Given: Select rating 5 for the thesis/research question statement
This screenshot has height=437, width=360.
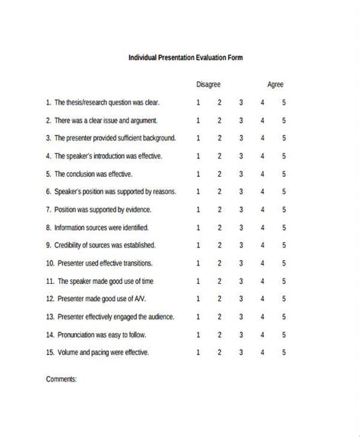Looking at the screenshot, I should (x=284, y=102).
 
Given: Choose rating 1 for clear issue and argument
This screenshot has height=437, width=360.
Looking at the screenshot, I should (x=198, y=120).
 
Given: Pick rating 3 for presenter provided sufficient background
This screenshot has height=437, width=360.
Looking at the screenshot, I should (x=241, y=138).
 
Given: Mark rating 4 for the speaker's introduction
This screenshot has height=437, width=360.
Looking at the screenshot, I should (x=263, y=156).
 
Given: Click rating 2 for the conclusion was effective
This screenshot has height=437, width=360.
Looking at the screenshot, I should (x=219, y=174).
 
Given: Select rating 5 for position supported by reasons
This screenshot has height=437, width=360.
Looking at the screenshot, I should (x=284, y=192).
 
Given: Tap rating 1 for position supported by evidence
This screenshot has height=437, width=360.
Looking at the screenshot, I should (x=198, y=209).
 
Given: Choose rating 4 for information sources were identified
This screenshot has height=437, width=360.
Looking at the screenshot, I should (x=263, y=228).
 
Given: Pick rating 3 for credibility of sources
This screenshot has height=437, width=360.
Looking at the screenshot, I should (x=241, y=245).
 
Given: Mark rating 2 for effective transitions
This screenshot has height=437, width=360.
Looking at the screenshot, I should (x=219, y=263).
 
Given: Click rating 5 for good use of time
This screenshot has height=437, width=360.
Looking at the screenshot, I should (x=284, y=281).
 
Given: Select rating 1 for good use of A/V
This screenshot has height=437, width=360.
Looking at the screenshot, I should (x=198, y=299).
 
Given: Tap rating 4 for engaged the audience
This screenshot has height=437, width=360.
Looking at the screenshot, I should (x=263, y=316).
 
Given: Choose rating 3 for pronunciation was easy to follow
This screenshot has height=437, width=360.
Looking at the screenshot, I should (x=241, y=335).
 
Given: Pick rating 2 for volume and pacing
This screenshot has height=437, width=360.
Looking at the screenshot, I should (x=219, y=352).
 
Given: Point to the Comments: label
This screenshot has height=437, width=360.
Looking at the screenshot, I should (x=62, y=379).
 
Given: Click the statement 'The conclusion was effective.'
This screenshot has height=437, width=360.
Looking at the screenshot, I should (x=85, y=174).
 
